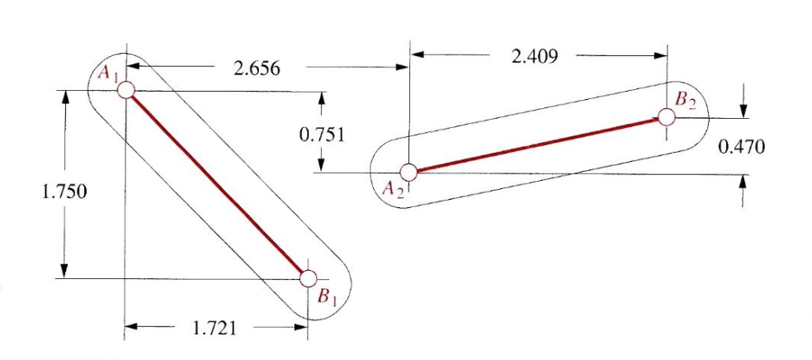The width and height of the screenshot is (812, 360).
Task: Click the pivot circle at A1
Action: (x=125, y=90)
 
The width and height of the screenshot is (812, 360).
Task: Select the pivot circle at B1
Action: (x=309, y=277)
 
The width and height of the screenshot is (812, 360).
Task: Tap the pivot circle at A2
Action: (x=408, y=172)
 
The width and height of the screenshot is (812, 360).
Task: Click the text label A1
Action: (x=108, y=73)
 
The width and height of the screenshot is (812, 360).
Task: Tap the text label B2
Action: (x=687, y=100)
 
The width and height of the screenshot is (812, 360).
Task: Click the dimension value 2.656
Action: (x=256, y=69)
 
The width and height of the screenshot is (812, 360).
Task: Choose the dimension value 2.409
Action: (x=534, y=56)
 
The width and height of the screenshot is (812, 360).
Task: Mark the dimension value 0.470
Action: (x=741, y=147)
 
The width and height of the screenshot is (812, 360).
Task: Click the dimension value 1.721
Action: (x=215, y=329)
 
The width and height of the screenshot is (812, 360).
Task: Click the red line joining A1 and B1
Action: (x=217, y=184)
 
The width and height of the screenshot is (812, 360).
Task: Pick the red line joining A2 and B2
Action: (x=536, y=144)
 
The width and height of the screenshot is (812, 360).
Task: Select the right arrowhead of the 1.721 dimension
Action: (x=302, y=329)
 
